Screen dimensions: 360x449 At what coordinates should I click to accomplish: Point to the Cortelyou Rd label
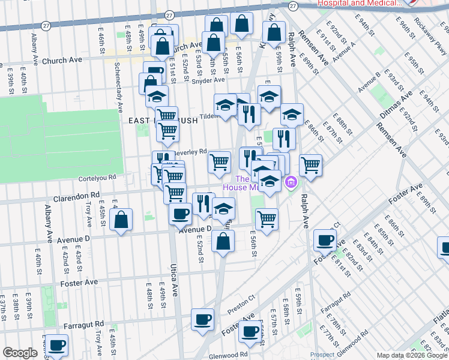pyautogui.click(x=96, y=178)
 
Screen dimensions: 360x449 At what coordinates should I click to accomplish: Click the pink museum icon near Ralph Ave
pyautogui.click(x=292, y=181)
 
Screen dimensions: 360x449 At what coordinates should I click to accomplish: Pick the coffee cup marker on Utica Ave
pyautogui.click(x=180, y=213)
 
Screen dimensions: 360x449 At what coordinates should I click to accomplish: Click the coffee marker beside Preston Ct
pyautogui.click(x=203, y=319)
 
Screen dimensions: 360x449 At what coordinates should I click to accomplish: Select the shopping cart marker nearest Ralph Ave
pyautogui.click(x=310, y=164)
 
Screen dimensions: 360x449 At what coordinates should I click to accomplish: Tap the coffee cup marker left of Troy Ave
pyautogui.click(x=58, y=345)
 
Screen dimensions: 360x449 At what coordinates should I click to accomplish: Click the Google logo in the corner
pyautogui.click(x=20, y=353)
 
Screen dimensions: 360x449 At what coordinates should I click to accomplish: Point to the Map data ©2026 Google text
pyautogui.click(x=412, y=355)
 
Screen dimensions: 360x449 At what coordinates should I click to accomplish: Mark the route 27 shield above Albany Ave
pyautogui.click(x=46, y=26)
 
